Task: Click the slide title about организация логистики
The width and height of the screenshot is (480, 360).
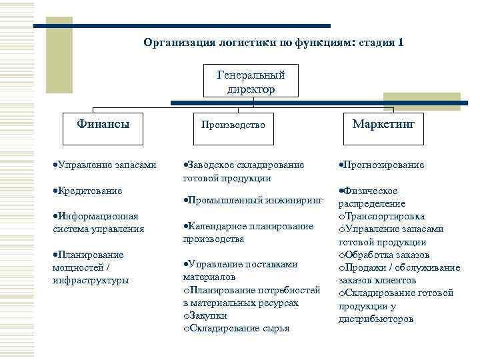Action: tap(273, 43)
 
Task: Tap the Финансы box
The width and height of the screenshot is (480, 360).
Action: tap(103, 125)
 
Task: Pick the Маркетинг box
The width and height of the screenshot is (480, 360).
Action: tap(379, 125)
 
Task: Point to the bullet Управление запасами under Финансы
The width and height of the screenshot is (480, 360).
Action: tap(105, 165)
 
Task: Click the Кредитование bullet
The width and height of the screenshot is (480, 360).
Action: tap(89, 191)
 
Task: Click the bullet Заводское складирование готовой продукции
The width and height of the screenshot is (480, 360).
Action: tap(243, 171)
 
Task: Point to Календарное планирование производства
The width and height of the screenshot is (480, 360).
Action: tap(247, 232)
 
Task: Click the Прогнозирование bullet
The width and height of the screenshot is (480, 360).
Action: tap(383, 165)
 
